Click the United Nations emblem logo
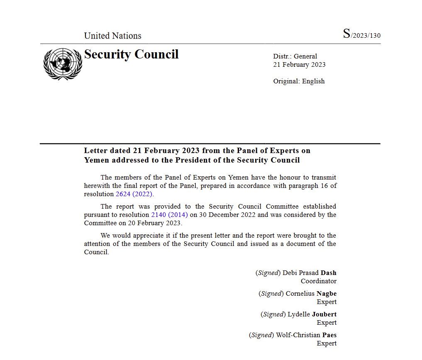click(63, 64)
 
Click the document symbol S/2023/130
click(361, 34)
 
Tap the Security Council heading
click(131, 54)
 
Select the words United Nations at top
click(112, 36)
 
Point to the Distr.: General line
click(295, 56)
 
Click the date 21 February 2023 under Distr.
click(299, 65)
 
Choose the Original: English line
click(299, 81)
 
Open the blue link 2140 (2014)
click(169, 215)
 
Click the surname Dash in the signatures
click(328, 273)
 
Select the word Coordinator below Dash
click(318, 281)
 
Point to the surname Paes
click(329, 335)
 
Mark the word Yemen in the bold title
click(97, 160)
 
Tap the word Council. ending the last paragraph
click(96, 252)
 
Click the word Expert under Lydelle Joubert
click(327, 323)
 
